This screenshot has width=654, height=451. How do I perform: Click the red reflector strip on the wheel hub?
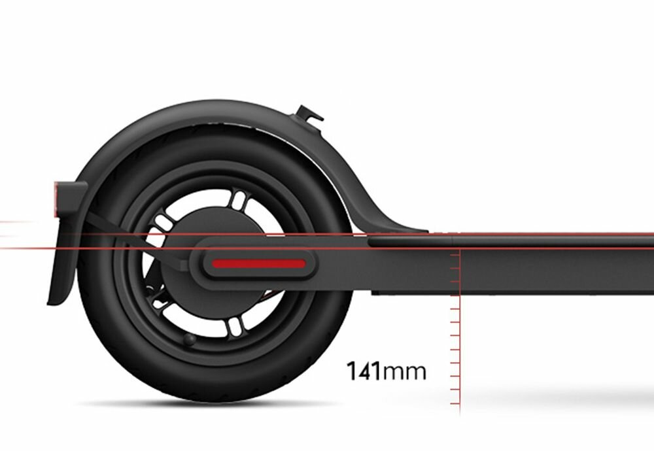pos(259,264)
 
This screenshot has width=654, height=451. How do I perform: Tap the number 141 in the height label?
pos(363,371)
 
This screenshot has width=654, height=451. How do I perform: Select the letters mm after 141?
pos(404,373)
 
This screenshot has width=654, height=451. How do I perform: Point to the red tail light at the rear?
pos(58,199)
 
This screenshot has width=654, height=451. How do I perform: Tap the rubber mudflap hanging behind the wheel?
pos(61,261)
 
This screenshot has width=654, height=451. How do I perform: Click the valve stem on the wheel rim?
pos(189,339)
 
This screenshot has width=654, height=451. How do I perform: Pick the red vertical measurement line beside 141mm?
pos(460,340)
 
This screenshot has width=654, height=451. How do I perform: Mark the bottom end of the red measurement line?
pos(460,412)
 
